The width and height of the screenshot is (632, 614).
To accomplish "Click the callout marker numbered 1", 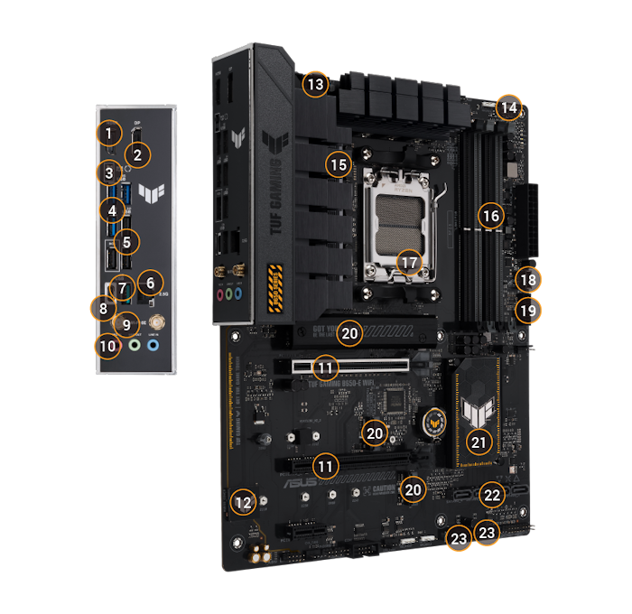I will tap(108, 135).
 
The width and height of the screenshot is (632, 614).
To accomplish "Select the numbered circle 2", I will tap(137, 154).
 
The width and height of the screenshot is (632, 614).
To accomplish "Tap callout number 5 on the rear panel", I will tap(127, 241).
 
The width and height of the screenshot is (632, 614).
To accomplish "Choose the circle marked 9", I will tap(127, 323).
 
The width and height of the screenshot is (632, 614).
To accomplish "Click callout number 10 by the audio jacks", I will tap(108, 345).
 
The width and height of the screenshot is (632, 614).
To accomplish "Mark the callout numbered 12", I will tap(241, 502).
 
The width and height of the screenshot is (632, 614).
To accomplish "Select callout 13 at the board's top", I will tap(313, 86).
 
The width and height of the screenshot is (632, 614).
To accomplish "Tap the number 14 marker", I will tap(509, 107).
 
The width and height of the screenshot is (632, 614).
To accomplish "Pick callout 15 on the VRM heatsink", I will tap(338, 165).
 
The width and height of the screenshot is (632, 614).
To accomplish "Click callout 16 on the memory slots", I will tap(490, 216).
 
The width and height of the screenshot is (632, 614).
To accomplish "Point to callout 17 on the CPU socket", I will tap(410, 262).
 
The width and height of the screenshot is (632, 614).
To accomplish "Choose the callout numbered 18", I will tap(527, 280).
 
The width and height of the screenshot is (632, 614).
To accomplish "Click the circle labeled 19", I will tap(527, 312).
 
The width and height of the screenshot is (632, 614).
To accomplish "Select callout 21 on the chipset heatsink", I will tap(479, 442).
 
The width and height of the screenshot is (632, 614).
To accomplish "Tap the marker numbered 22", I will tap(491, 495).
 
